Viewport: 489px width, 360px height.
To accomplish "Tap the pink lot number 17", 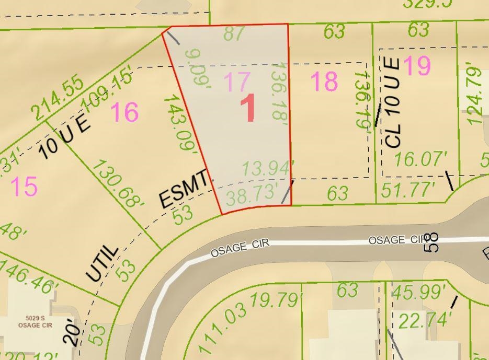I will coord(236,82).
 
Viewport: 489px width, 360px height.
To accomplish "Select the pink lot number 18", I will coord(324,82).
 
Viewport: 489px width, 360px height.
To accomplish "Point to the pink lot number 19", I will coord(417,66).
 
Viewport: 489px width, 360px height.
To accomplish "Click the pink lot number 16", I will coord(124,112).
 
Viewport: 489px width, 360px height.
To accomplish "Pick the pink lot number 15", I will coord(24,187).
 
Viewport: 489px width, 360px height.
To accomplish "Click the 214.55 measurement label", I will coord(56,98).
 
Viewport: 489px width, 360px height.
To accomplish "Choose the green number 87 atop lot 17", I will coord(234,33).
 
